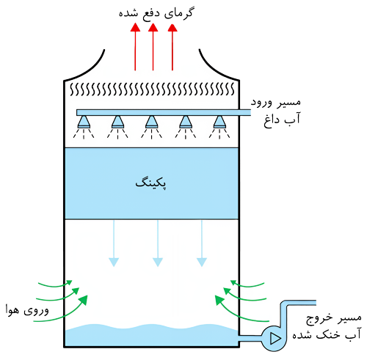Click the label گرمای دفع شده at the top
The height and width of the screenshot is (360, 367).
156,12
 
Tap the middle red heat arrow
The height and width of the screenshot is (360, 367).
153,47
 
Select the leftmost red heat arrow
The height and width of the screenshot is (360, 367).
135,47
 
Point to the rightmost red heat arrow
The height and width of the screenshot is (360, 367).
172,47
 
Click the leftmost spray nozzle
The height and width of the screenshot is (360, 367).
84,122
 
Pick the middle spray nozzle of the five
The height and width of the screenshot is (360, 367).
151,122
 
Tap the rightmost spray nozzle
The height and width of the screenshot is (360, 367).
219,122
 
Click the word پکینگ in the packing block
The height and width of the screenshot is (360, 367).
151,183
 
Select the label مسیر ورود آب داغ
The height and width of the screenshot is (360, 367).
276,111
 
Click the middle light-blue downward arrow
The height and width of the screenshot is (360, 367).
158,243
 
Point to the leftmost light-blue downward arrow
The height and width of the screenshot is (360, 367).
114,243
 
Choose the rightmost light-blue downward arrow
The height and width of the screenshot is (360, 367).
202,243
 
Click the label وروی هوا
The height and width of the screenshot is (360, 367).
27,311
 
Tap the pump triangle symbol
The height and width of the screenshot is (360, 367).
275,338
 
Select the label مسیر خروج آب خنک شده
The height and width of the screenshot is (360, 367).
327,326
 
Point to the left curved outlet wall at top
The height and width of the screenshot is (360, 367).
87,69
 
